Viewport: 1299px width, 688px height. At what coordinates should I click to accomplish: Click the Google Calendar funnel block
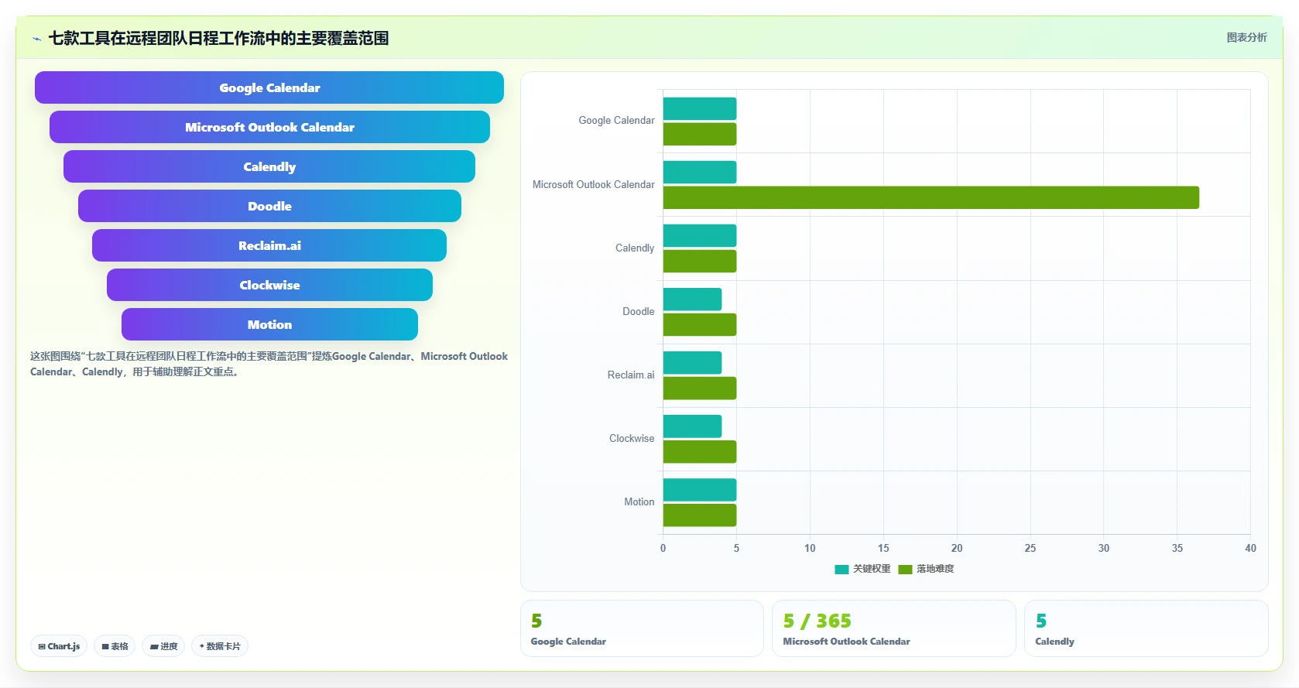pyautogui.click(x=269, y=87)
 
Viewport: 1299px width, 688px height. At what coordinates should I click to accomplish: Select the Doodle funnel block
pyautogui.click(x=269, y=206)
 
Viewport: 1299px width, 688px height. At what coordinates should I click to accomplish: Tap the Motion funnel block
pyautogui.click(x=269, y=324)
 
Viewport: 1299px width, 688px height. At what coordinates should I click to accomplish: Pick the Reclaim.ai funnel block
pyautogui.click(x=269, y=245)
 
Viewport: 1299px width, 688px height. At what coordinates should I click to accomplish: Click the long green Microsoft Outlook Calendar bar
pyautogui.click(x=931, y=197)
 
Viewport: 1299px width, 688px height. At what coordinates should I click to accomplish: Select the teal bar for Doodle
pyautogui.click(x=692, y=299)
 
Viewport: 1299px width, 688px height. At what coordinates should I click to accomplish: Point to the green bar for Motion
pyautogui.click(x=699, y=515)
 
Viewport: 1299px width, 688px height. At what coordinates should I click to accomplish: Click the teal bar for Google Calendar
pyautogui.click(x=699, y=109)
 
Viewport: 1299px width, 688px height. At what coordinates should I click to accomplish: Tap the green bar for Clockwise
pyautogui.click(x=699, y=451)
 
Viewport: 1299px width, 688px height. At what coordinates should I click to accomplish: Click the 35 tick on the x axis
pyautogui.click(x=1177, y=549)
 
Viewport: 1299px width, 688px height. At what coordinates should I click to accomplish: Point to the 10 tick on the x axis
pyautogui.click(x=810, y=549)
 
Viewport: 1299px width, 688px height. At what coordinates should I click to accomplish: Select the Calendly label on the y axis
pyautogui.click(x=635, y=248)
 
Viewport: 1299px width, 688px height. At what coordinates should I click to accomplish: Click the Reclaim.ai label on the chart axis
pyautogui.click(x=631, y=375)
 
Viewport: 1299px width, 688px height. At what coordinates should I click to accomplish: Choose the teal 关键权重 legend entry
pyautogui.click(x=862, y=569)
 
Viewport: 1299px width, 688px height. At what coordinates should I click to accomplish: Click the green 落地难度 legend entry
pyautogui.click(x=926, y=569)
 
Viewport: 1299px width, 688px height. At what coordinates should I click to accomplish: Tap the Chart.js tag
pyautogui.click(x=59, y=646)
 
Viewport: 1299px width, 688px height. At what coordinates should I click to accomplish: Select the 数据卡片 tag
pyautogui.click(x=220, y=646)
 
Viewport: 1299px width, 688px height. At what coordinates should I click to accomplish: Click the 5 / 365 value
pyautogui.click(x=817, y=621)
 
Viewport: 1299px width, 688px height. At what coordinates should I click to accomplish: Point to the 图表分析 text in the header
pyautogui.click(x=1247, y=38)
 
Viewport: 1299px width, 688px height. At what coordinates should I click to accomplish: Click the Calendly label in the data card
pyautogui.click(x=1055, y=642)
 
